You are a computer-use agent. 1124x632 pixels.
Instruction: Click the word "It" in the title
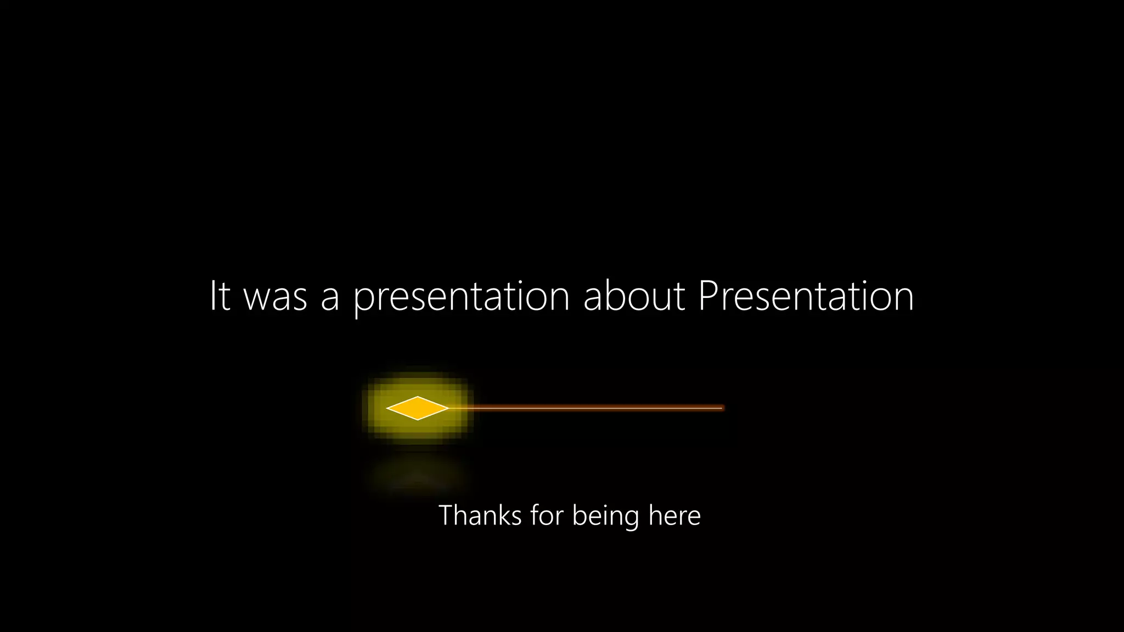(220, 296)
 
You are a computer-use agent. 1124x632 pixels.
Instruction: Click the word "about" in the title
(634, 296)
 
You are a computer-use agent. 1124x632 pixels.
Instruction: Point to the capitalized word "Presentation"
(806, 296)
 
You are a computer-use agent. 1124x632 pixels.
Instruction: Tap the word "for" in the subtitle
(547, 516)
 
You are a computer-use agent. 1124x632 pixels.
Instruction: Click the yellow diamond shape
(417, 408)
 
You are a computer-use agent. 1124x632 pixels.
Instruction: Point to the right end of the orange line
(721, 408)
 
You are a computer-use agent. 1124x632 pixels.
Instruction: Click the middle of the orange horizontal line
(585, 408)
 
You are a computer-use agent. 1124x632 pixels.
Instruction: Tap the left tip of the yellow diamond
(387, 408)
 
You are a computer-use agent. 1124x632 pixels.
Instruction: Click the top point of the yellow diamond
(417, 397)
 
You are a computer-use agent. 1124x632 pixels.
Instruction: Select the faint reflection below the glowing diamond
(417, 475)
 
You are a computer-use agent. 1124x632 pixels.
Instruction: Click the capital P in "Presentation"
(709, 296)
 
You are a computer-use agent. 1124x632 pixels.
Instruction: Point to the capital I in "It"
(213, 296)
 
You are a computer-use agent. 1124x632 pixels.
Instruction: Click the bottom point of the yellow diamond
(417, 419)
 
